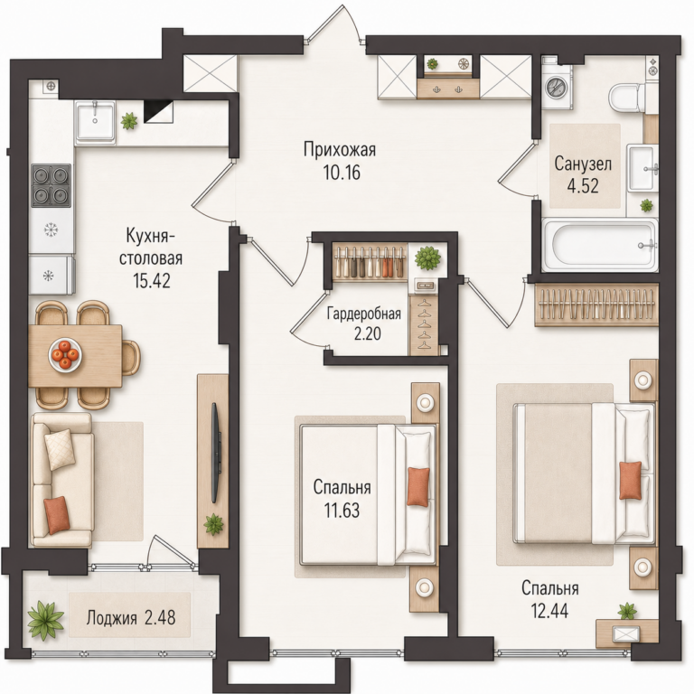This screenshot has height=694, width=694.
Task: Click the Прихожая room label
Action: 340,150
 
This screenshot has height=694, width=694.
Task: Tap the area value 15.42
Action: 152,281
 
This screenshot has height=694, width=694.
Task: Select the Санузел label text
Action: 583,164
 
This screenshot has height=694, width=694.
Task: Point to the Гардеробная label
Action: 364,314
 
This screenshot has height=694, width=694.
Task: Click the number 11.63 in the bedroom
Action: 342,511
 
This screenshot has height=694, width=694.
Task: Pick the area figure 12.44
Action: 549,611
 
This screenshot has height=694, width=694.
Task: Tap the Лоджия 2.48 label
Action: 131,617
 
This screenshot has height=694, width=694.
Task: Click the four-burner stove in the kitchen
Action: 51,185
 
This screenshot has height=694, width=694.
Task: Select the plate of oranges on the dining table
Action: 65,354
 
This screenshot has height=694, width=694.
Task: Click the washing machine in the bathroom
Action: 557,87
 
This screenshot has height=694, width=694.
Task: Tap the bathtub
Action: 599,245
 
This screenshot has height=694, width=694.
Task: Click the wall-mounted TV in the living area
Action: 215,453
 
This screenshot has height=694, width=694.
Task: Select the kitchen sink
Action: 95,121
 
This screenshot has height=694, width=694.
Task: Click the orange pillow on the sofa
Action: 57,515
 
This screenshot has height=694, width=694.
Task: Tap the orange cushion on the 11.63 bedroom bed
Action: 418,487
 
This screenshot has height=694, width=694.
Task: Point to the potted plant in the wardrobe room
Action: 427,258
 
